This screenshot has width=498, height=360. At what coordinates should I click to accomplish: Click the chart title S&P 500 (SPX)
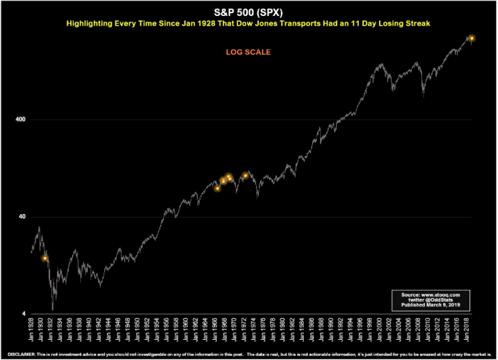click(248, 13)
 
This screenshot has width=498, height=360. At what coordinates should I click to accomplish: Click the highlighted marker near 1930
click(45, 259)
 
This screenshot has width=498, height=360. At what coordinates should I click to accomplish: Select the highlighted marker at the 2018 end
click(472, 38)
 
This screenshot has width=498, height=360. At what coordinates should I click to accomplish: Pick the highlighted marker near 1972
click(245, 176)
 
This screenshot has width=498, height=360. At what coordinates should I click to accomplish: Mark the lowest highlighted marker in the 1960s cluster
click(218, 188)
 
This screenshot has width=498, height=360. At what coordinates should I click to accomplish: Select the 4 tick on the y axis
click(24, 314)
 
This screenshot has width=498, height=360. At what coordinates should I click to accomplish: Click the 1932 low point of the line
click(53, 308)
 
